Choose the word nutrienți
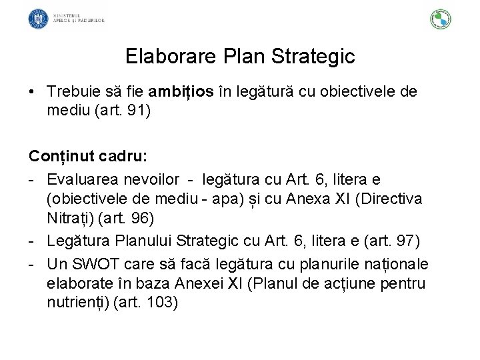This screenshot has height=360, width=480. click(x=78, y=301)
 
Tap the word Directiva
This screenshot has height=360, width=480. click(x=397, y=198)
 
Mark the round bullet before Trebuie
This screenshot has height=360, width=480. click(x=32, y=91)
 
